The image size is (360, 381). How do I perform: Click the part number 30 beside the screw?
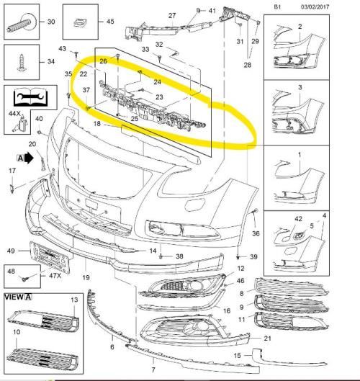tap(51, 22)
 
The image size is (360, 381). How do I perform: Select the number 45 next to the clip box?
tap(110, 22)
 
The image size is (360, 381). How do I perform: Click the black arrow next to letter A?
tap(29, 158)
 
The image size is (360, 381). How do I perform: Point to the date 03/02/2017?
tap(315, 6)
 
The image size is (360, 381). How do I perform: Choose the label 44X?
tap(14, 114)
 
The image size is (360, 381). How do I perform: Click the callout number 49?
tap(11, 251)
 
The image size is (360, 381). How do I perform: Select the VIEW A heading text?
tap(18, 297)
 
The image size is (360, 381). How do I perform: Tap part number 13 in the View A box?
tap(74, 300)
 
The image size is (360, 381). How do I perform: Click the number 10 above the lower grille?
tap(17, 332)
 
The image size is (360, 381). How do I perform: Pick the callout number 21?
tap(267, 339)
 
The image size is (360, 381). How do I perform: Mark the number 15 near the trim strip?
tap(237, 356)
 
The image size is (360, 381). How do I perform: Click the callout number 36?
tap(256, 233)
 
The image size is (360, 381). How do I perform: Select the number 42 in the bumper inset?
tap(298, 219)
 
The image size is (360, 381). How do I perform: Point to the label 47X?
tap(55, 276)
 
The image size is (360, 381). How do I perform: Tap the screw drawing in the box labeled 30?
tap(22, 24)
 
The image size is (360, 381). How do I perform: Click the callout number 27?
tap(172, 16)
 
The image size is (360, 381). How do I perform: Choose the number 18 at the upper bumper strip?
tap(97, 124)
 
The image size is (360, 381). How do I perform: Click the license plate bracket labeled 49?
tap(50, 257)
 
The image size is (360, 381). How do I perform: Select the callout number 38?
tap(179, 256)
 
